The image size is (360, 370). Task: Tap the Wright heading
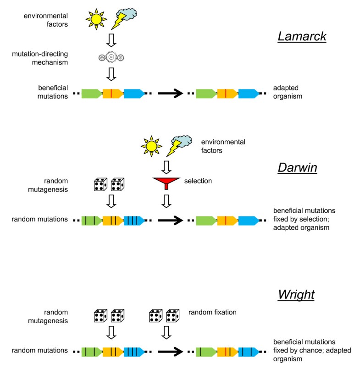(296, 294)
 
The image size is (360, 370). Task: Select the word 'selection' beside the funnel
(198, 181)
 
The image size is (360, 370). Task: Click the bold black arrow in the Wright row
(172, 352)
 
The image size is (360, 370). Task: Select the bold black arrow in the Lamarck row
(172, 94)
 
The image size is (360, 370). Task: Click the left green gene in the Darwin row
(91, 220)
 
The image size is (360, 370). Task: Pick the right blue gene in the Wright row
(249, 352)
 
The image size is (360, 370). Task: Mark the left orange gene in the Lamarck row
(112, 94)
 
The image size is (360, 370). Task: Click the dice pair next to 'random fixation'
(164, 316)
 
